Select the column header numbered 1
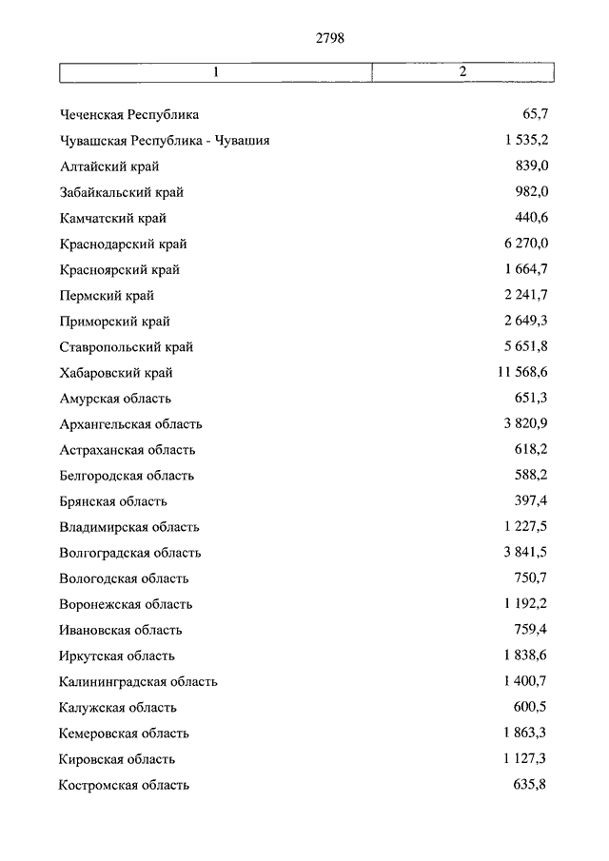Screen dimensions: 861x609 coord(216,72)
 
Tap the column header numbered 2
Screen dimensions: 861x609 coord(462,72)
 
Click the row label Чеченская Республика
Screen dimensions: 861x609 coord(128,115)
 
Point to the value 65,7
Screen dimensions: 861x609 coord(536,115)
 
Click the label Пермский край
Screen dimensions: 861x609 coord(106,296)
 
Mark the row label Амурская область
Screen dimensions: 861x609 coord(115,399)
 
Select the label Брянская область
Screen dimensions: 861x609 coord(112,501)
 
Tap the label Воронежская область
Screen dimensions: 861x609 coord(125,604)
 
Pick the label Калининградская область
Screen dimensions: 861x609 coord(138,682)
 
